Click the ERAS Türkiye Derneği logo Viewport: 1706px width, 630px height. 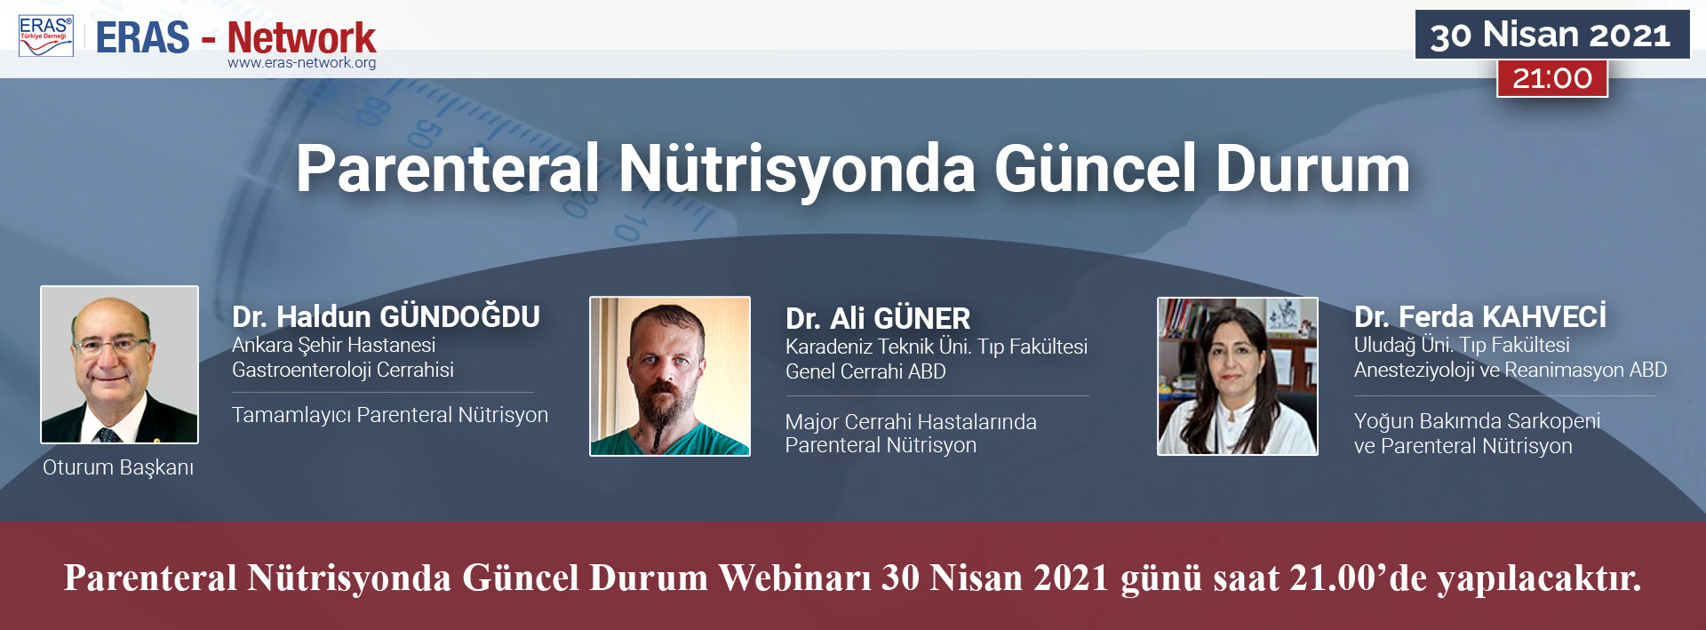(x=46, y=36)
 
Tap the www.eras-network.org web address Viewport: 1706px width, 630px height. (x=302, y=63)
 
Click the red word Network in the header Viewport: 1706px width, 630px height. (x=302, y=37)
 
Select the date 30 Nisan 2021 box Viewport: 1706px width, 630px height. (x=1551, y=35)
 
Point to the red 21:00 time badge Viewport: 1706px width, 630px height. (x=1552, y=78)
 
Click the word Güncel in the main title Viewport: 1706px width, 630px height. (x=1096, y=169)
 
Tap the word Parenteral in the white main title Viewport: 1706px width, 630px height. (x=448, y=169)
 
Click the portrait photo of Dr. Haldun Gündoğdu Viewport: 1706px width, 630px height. (x=119, y=364)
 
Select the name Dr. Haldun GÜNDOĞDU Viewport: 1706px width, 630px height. (x=386, y=316)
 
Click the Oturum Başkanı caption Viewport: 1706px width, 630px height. (x=118, y=467)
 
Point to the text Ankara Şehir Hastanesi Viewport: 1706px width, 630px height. (x=334, y=345)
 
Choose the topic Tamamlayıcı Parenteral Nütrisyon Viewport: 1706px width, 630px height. (x=390, y=415)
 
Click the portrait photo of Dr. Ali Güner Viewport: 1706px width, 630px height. (x=670, y=376)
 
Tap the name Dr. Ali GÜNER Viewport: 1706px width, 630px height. (x=878, y=318)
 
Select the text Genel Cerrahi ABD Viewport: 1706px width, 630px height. (x=865, y=371)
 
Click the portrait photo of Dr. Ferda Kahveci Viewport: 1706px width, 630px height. (x=1237, y=376)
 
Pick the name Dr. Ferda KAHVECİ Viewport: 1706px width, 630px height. (x=1480, y=316)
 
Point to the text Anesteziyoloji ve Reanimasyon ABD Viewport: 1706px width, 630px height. (x=1511, y=370)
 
